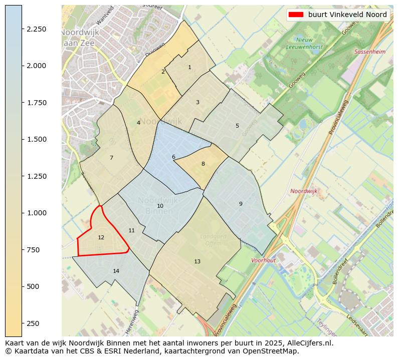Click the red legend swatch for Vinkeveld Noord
[x=296, y=15]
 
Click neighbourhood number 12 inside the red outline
[x=101, y=237]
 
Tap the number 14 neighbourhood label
[x=116, y=271]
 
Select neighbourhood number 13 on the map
[x=197, y=261]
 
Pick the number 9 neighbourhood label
[x=241, y=204]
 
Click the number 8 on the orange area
[x=203, y=164]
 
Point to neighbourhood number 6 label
[x=173, y=157]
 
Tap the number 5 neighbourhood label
[x=237, y=126]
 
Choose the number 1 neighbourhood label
[x=189, y=67]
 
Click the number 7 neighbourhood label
[x=111, y=158]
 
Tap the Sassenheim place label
[x=370, y=52]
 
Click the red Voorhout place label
[x=263, y=260]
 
